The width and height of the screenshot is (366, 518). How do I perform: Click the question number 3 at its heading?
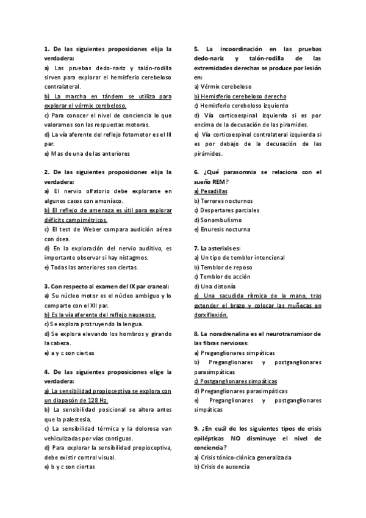coord(46,286)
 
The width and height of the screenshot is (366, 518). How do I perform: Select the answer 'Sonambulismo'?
coord(218,220)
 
